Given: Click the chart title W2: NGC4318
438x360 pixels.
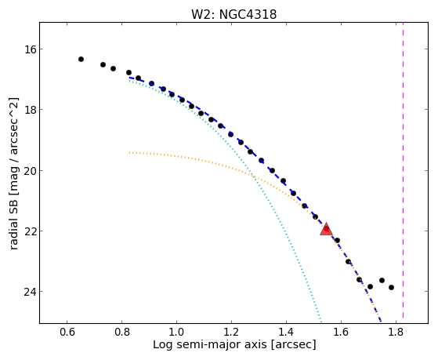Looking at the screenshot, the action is click(233, 15).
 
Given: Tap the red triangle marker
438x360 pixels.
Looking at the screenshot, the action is click(326, 229).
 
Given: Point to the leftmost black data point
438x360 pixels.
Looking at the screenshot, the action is click(81, 59).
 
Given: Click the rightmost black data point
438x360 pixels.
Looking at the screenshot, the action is click(391, 287).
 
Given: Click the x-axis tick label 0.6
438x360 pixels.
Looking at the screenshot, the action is click(67, 333).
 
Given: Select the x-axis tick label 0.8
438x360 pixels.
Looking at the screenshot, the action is click(121, 333).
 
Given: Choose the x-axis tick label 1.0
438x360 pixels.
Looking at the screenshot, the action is click(176, 333).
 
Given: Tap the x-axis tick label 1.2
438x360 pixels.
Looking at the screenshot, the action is click(231, 333).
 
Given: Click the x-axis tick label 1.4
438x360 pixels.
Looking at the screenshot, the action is click(286, 333).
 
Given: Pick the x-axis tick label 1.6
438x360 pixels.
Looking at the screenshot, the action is click(341, 333).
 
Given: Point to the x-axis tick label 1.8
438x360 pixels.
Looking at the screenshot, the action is click(396, 333).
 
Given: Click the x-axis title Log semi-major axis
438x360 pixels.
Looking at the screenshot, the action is click(209, 344).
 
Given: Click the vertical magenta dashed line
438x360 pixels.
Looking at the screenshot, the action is click(403, 170).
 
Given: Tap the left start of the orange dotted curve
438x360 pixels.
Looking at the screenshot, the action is click(129, 152).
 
